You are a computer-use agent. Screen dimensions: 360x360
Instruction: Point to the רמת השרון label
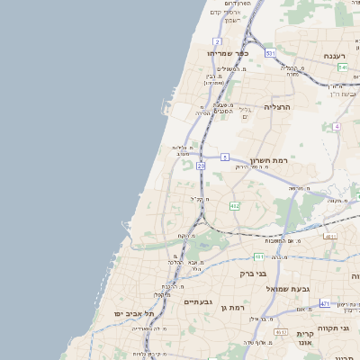tap(268, 157)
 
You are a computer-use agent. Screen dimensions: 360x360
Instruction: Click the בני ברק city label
tap(253, 272)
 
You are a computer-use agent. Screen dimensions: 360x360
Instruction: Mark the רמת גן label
tap(233, 308)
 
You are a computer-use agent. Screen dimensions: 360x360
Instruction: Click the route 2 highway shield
tap(218, 41)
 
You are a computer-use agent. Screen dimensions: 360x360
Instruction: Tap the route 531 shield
tap(270, 53)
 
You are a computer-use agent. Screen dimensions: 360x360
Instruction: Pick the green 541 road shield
tap(343, 67)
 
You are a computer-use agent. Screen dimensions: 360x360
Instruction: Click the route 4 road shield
tap(336, 126)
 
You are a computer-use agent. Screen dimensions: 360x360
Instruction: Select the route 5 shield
tap(224, 157)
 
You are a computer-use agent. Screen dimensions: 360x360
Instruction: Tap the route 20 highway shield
tap(202, 166)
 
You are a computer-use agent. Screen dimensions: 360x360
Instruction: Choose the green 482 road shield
tap(235, 206)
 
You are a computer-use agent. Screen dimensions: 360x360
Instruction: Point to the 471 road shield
tap(324, 303)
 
